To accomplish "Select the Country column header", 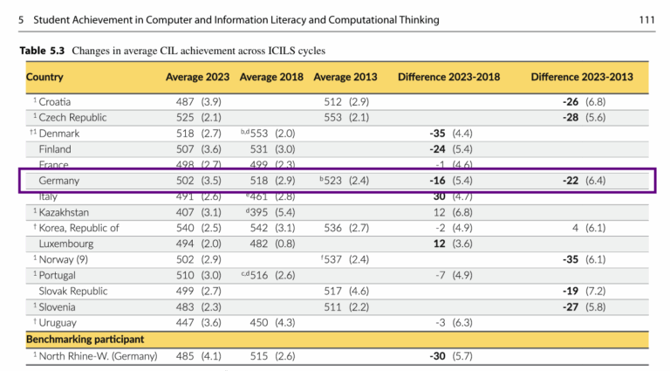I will point(44,78).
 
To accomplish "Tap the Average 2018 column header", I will point(271,78).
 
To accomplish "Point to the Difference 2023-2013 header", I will point(582,78).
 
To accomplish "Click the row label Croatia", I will point(54,102).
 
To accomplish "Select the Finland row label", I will point(55,149).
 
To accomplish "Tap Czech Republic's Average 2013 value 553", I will point(333,118).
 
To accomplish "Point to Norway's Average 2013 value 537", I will point(333,259).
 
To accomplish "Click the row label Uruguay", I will point(58,323).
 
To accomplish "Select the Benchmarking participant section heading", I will point(85,339).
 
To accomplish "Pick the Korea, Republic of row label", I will point(79,228).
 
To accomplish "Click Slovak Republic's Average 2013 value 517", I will point(333,292).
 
